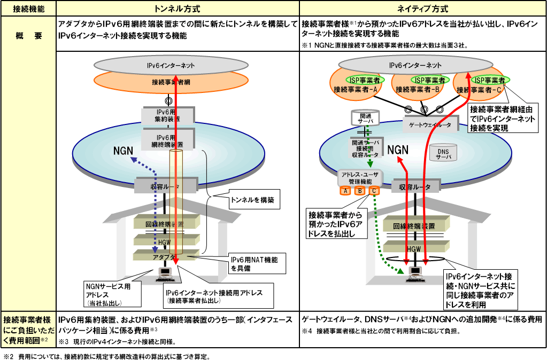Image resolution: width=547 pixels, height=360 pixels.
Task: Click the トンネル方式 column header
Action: pos(177,9)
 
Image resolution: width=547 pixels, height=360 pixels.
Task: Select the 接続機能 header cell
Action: pos(28,9)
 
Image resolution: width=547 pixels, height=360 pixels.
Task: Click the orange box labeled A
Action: pos(346,190)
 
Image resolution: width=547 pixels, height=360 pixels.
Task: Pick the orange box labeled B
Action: pos(360,190)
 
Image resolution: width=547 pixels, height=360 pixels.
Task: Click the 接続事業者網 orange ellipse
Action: pos(167,82)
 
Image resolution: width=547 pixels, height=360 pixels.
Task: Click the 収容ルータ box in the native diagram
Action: pos(415,187)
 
